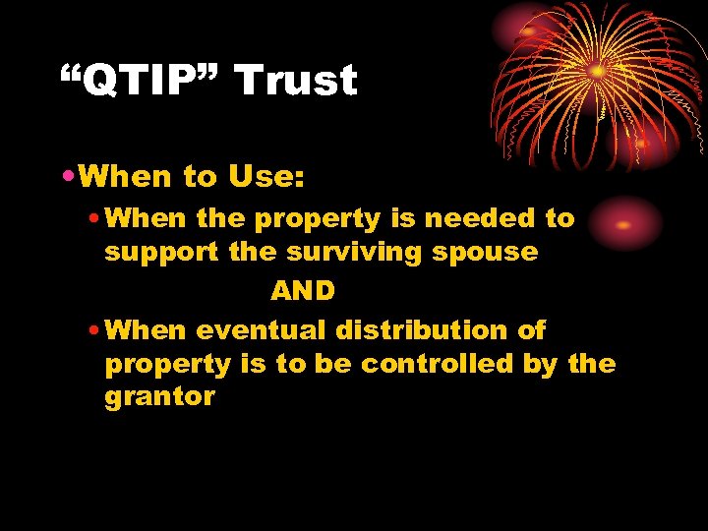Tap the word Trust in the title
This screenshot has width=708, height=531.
296,81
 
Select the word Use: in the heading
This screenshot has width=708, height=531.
265,177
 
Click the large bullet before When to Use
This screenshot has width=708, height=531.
67,178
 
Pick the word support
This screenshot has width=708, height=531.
162,252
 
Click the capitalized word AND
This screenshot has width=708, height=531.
303,291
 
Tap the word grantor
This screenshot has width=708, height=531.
159,397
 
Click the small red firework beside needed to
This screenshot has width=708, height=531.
622,223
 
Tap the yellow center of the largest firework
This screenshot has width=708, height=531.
597,72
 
